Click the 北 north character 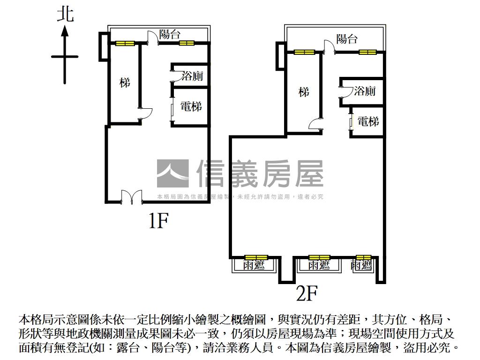pos(65,14)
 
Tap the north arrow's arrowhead pos(65,31)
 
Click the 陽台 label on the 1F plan pos(170,34)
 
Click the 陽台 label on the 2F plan pos(347,39)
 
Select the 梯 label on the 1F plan pos(124,83)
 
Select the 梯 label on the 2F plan pos(304,92)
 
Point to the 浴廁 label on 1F pos(192,76)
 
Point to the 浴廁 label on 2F pos(365,91)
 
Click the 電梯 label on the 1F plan pos(191,106)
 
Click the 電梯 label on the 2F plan pos(368,122)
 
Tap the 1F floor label pos(158,220)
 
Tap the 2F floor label pos(307,294)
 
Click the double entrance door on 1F pos(132,197)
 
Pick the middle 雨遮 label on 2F pos(319,266)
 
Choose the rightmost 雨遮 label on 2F pos(361,266)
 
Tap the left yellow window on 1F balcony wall pos(125,44)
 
